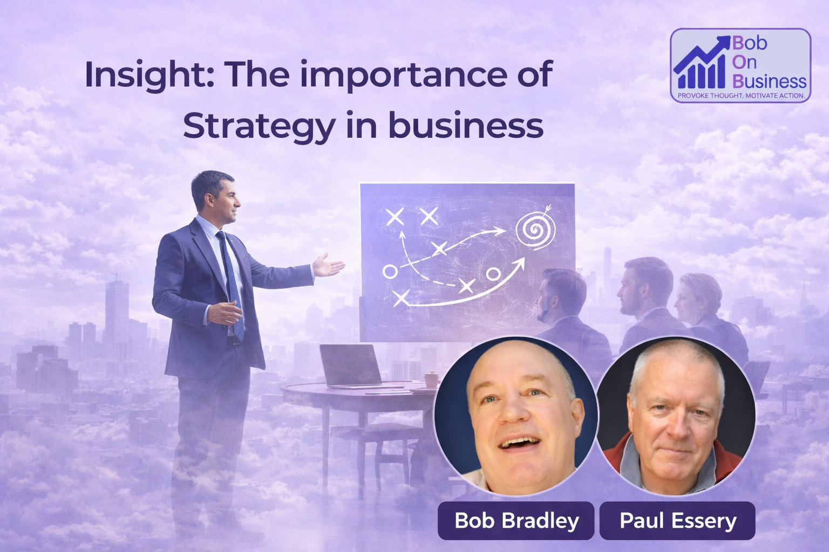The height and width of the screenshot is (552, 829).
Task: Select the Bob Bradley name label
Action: coord(516,521)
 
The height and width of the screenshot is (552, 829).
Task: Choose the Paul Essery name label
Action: coord(677,521)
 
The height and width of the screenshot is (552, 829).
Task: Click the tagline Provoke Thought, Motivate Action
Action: coord(740,96)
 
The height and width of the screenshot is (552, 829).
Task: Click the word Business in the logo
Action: coord(769,81)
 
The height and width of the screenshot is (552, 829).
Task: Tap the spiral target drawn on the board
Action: coord(535,229)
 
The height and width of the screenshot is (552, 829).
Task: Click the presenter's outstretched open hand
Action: coord(328,266)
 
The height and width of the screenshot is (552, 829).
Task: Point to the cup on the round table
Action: coord(431,379)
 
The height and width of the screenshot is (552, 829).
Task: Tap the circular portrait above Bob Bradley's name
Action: coord(515,416)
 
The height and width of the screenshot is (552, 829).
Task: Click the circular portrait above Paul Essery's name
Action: coord(676,416)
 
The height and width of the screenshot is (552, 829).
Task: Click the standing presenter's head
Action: coord(214,197)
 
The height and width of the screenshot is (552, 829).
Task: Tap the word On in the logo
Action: coord(744,62)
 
